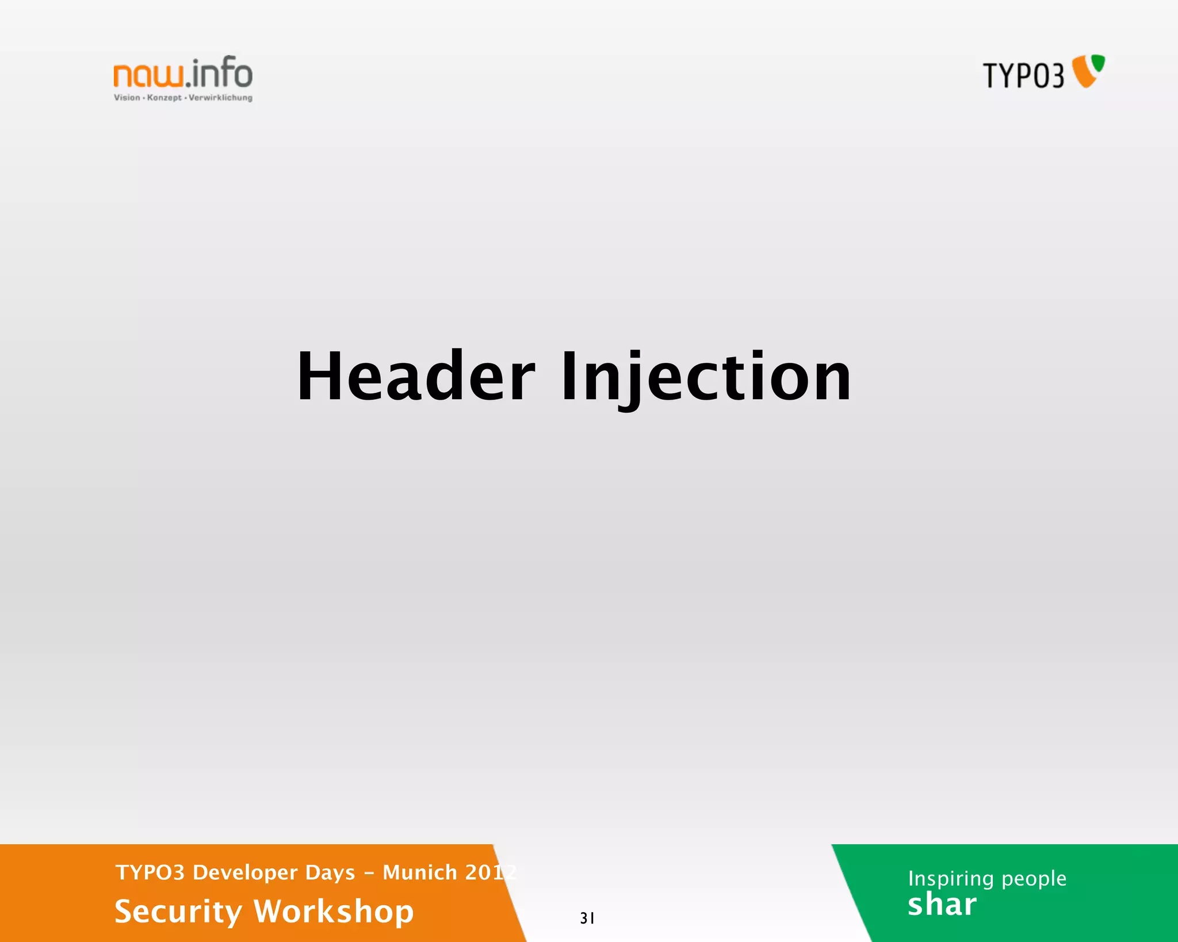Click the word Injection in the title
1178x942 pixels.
[x=706, y=377]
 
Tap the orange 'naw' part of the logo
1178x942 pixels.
[x=149, y=75]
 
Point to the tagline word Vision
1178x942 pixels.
[x=127, y=98]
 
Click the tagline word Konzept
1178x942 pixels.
[x=164, y=98]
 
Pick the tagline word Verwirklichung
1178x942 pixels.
[x=220, y=98]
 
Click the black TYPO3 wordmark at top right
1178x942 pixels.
[x=1023, y=76]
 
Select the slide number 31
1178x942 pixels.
[x=587, y=918]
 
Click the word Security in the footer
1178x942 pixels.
[x=178, y=912]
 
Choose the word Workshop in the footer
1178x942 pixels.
[x=334, y=912]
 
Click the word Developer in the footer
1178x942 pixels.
[x=245, y=872]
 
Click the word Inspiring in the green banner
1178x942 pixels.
[x=950, y=879]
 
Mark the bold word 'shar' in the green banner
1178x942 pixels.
[x=942, y=905]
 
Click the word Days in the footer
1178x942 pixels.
[x=330, y=872]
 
